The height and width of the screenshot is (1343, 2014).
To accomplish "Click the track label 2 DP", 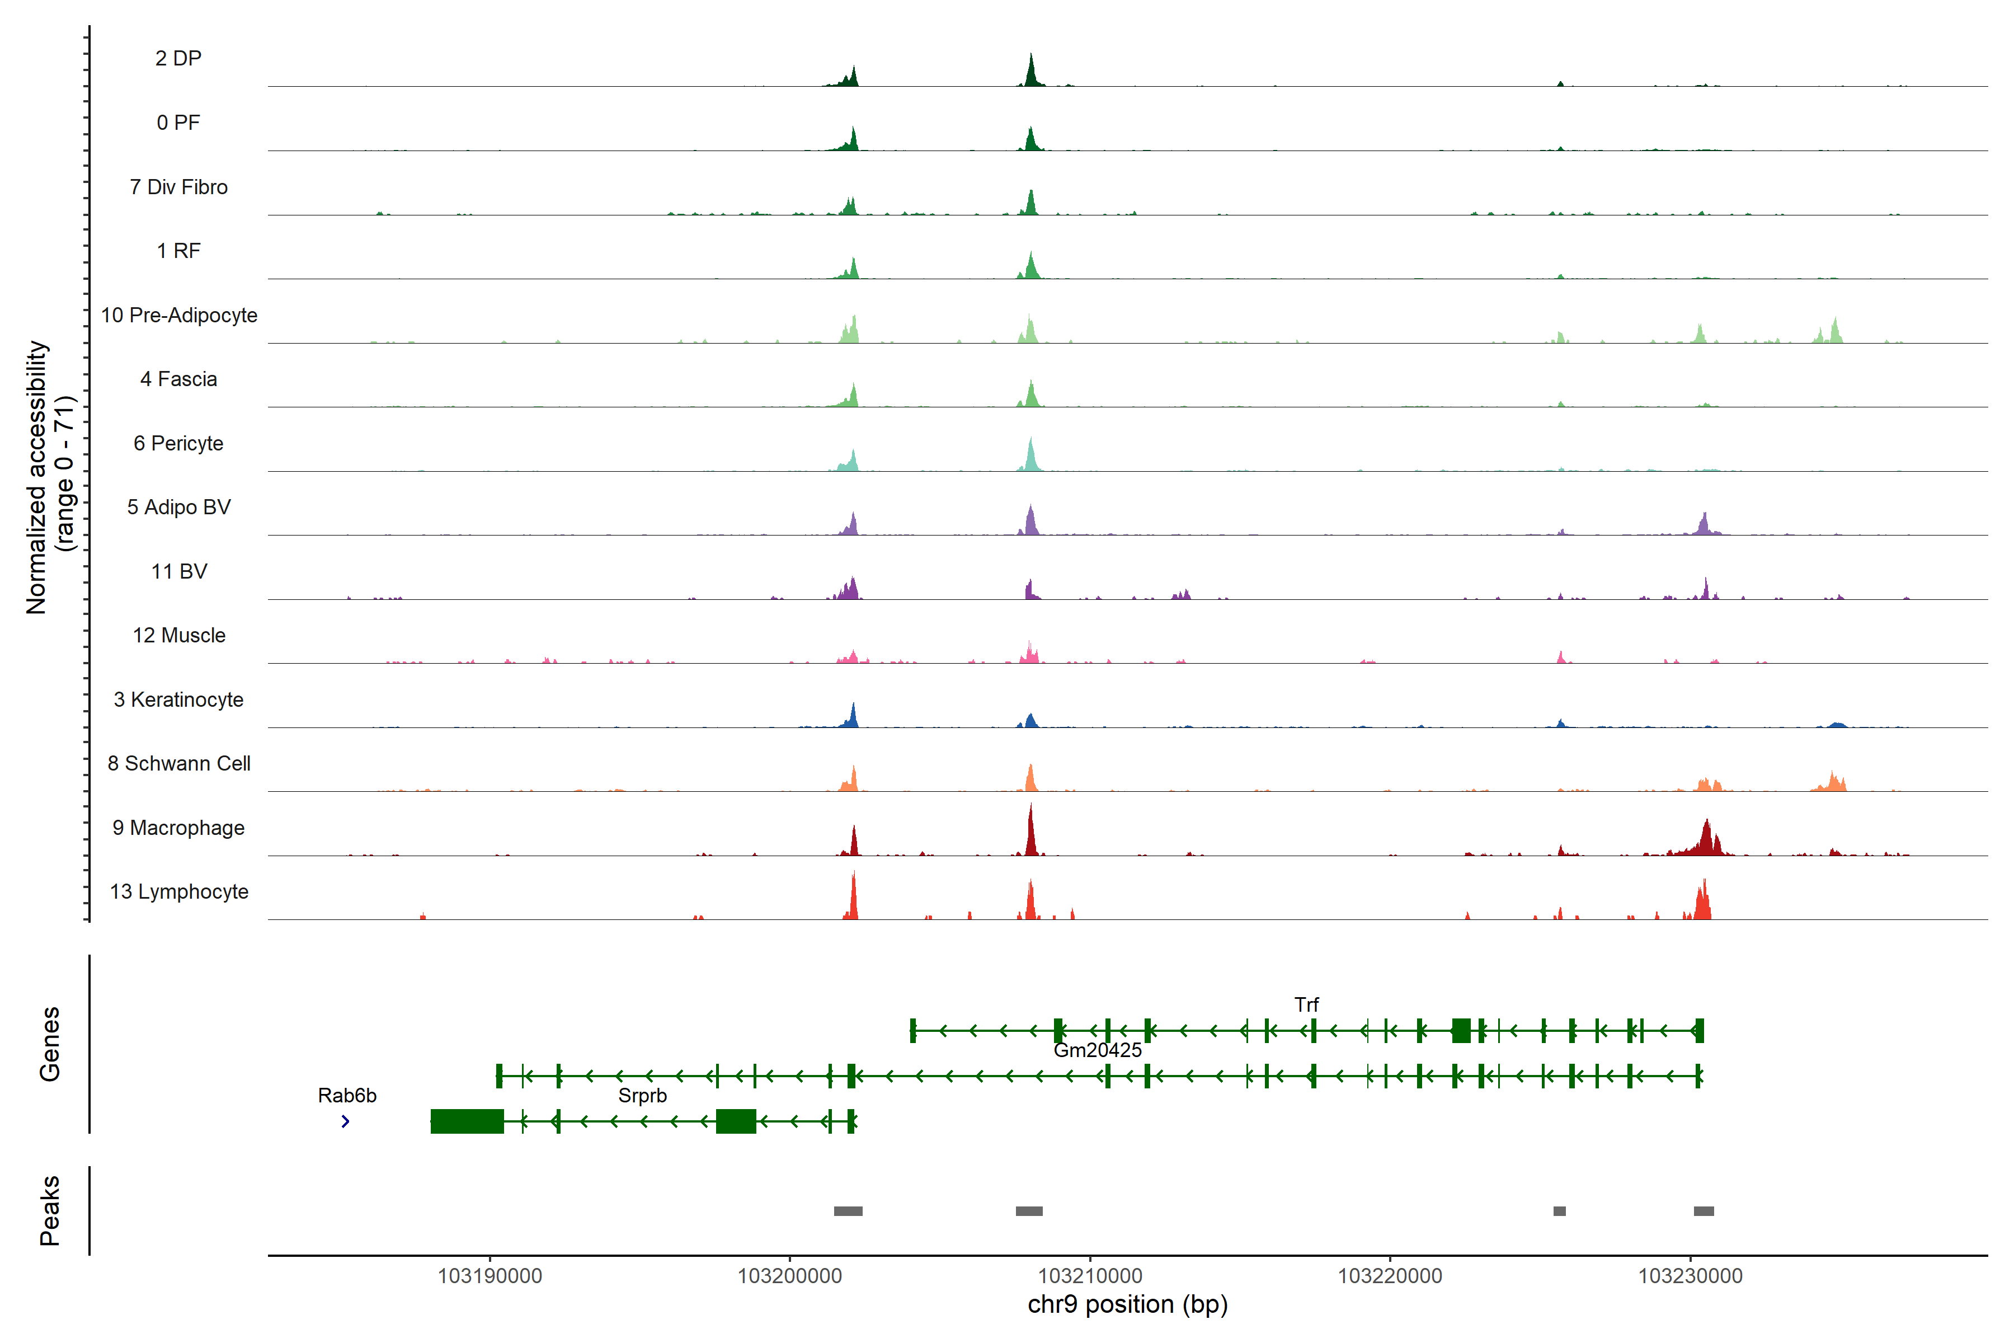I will click(x=178, y=58).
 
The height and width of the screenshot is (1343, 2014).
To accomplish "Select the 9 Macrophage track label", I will click(x=178, y=828).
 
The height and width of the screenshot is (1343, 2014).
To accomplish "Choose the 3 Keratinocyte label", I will click(x=178, y=700).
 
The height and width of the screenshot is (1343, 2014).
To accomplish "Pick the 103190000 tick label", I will click(x=490, y=1276).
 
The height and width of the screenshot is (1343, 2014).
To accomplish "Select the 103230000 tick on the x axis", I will click(x=1690, y=1276).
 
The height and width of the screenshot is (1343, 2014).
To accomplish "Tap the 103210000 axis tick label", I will click(x=1090, y=1276).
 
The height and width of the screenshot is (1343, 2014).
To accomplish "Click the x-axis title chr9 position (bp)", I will click(x=1127, y=1304).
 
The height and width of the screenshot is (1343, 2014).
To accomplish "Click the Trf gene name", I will click(x=1306, y=1004).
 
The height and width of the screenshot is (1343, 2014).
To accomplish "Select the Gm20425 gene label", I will click(x=1097, y=1050).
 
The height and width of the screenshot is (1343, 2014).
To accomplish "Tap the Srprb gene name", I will click(x=642, y=1096).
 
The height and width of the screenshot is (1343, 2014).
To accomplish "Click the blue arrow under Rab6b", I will click(x=345, y=1121).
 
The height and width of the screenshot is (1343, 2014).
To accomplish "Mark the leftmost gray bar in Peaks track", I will click(x=848, y=1211).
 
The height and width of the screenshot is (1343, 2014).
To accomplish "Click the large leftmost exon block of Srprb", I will click(x=467, y=1121).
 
